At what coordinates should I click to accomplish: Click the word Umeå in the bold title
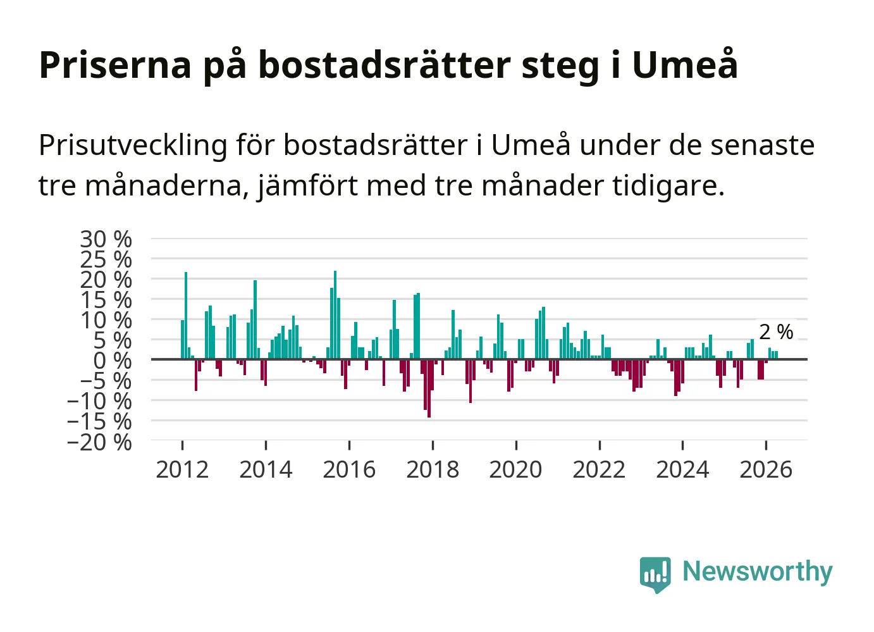685,65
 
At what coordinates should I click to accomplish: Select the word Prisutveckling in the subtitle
133,146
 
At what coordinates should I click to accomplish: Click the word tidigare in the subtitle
668,186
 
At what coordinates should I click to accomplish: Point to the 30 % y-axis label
106,239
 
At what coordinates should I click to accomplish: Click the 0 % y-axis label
113,361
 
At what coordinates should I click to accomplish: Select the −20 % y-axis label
99,442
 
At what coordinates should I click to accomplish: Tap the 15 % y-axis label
106,300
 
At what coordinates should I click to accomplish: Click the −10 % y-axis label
99,401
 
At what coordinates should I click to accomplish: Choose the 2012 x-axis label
182,469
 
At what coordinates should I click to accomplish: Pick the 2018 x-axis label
433,469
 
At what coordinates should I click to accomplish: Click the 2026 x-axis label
766,469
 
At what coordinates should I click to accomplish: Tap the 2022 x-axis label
600,469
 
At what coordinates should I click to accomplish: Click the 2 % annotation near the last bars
776,331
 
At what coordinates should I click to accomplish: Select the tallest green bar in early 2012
186,316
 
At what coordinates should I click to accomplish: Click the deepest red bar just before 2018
429,388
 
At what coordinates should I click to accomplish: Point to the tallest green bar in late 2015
335,315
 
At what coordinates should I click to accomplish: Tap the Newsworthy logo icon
655,574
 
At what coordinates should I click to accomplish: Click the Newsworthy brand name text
758,573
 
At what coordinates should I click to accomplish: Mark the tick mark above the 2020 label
516,445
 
